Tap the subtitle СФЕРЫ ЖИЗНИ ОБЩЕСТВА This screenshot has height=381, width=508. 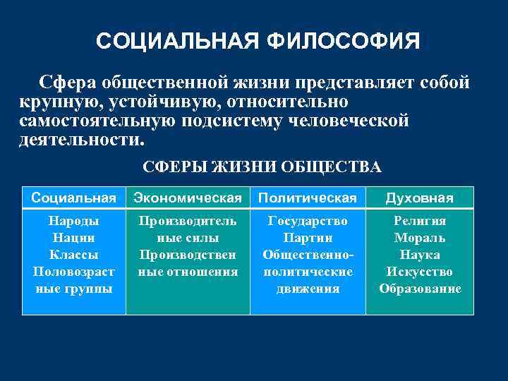coord(262,167)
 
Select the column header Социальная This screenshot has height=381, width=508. coord(73,198)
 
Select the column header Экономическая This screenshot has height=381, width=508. coord(188,198)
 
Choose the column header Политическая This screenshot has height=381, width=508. coord(308,198)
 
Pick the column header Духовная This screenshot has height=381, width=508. coord(420,198)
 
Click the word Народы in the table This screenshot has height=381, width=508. coord(73,221)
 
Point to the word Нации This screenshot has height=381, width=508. coord(73,238)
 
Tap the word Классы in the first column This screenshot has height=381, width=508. coord(73,255)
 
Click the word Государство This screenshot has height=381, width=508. coord(308,221)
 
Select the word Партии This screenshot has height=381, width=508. coord(308,238)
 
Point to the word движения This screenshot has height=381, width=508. coord(308,289)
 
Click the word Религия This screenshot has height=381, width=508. coord(420,221)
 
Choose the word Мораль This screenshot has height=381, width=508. coord(420,238)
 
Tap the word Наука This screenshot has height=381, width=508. coord(420,255)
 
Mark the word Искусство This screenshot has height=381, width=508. coord(420,272)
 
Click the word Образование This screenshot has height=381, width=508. coord(420,289)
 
